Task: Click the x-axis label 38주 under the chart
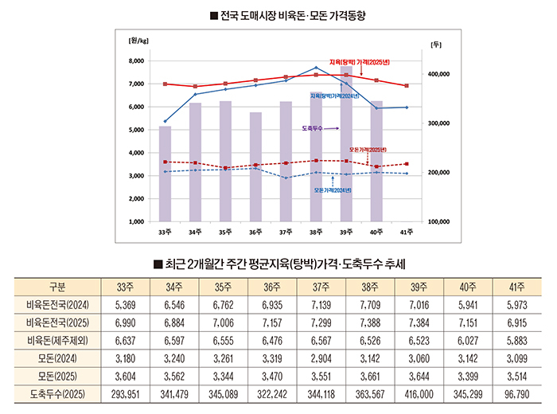316,232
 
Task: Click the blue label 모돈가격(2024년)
333,191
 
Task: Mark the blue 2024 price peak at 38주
316,68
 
